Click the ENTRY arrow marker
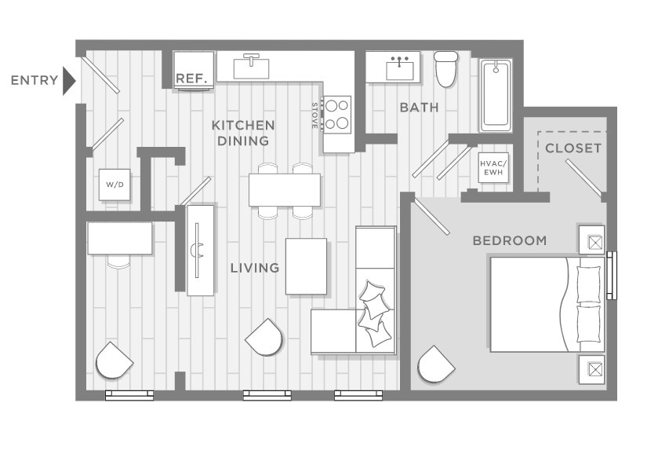(x=68, y=80)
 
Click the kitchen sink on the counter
(x=252, y=65)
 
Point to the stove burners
(x=338, y=114)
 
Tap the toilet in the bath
(x=446, y=68)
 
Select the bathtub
(x=496, y=95)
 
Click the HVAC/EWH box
(x=493, y=168)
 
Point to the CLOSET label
(x=573, y=148)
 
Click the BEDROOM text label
(x=510, y=240)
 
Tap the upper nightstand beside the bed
(x=591, y=240)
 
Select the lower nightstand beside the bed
(x=591, y=369)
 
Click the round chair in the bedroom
(x=435, y=364)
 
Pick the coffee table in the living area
(x=306, y=266)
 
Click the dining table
(x=284, y=189)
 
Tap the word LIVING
(x=255, y=268)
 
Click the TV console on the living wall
(x=200, y=250)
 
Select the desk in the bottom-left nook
(x=120, y=238)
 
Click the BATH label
(x=419, y=108)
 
